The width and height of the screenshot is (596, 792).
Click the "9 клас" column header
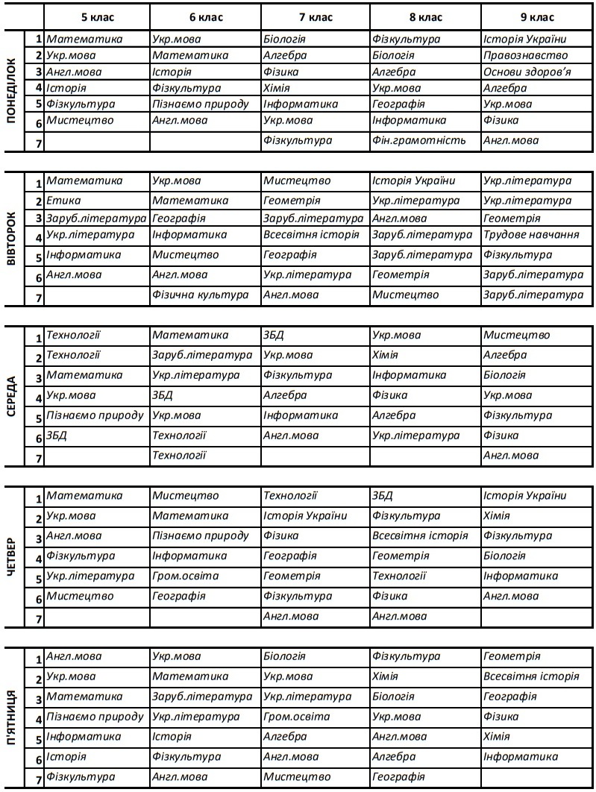[x=536, y=16]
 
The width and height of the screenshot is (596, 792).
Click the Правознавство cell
[x=525, y=55]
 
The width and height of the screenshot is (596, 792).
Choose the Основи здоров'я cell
[x=527, y=72]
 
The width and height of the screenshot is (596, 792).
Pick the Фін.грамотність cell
[x=418, y=140]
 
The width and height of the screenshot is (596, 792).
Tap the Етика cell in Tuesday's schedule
[x=63, y=201]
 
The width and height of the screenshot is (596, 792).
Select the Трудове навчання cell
[x=531, y=235]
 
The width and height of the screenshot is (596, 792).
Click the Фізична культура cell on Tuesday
[x=200, y=295]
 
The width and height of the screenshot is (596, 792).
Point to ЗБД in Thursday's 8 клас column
[x=382, y=496]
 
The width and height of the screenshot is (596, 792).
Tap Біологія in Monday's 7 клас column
[x=284, y=39]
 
